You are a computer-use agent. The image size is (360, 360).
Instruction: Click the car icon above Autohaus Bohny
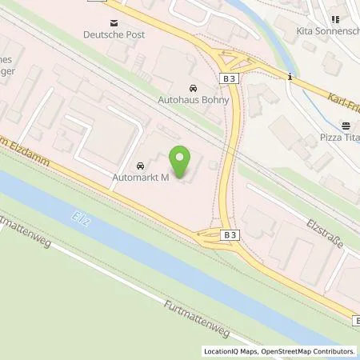(192, 87)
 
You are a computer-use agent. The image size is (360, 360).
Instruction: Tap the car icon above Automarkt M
(142, 166)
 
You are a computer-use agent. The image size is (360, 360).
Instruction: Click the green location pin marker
(183, 164)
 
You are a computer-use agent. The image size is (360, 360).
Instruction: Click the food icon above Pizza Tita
(346, 126)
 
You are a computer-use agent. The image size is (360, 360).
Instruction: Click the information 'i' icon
(290, 77)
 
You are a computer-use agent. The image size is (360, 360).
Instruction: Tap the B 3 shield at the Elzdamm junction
(230, 234)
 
